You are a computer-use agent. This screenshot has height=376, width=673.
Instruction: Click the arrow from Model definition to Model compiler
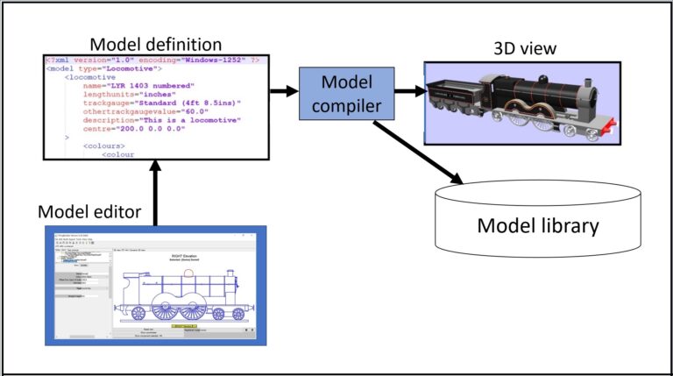[x=283, y=90]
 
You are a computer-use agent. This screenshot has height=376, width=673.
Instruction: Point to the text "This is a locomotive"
[x=194, y=121]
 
